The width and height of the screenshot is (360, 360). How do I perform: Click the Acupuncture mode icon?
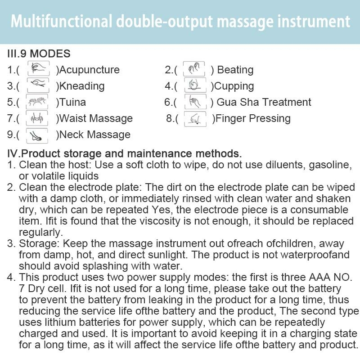coord(38,68)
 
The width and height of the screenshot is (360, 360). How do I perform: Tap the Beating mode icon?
coord(194,69)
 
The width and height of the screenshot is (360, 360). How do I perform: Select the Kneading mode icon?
coord(38,85)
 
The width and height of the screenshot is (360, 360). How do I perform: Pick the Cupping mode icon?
coord(195,85)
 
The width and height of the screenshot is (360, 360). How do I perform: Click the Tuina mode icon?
coord(37,101)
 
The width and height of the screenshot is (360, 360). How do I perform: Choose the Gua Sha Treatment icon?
coord(195,101)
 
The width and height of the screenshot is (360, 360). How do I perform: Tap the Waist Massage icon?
coord(37,118)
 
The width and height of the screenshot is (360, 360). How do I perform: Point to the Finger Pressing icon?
coord(195,119)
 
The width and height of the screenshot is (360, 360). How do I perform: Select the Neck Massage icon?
coord(37,136)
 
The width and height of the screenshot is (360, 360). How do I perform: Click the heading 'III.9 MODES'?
coord(39,54)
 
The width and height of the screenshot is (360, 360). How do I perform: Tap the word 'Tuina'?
coord(72,102)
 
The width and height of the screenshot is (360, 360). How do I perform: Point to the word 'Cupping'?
coord(234,86)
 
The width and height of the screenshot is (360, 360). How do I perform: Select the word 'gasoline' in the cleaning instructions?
coord(330,165)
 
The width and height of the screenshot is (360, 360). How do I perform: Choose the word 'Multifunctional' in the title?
coord(61,21)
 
